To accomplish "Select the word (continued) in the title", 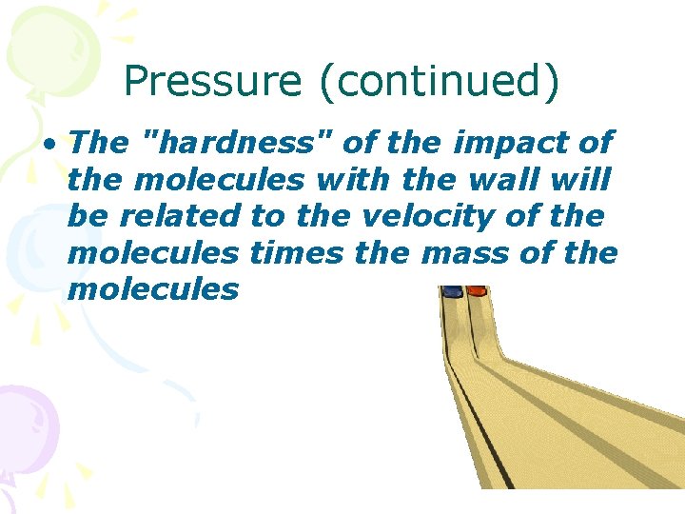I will pyautogui.click(x=440, y=83).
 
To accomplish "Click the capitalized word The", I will pyautogui.click(x=99, y=144).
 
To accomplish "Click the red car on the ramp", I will pyautogui.click(x=477, y=290).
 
